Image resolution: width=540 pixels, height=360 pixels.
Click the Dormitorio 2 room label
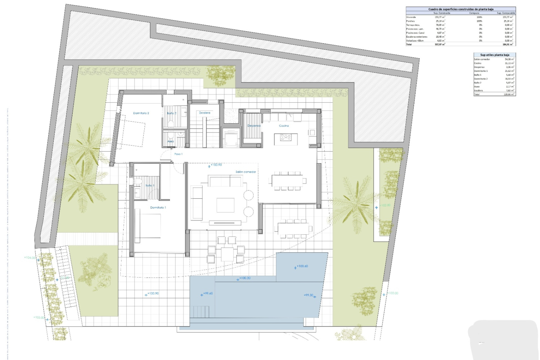pyautogui.click(x=141, y=113)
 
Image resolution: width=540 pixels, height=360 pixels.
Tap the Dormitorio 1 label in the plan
pyautogui.click(x=158, y=208)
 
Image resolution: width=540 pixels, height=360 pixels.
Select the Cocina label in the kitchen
pyautogui.click(x=284, y=126)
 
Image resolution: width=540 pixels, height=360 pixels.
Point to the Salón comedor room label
pyautogui.click(x=246, y=172)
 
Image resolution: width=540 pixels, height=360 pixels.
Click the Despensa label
pyautogui.click(x=254, y=126)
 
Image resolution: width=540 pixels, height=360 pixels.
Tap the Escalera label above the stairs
pyautogui.click(x=204, y=113)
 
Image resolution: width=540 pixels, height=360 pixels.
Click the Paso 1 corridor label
pyautogui.click(x=178, y=154)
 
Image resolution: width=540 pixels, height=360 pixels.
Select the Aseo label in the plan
pyautogui.click(x=171, y=141)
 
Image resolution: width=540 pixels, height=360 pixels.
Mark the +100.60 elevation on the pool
pyautogui.click(x=302, y=266)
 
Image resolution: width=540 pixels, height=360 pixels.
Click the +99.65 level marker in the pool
pyautogui.click(x=208, y=293)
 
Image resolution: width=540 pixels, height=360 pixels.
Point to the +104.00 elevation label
pyautogui.click(x=30, y=258)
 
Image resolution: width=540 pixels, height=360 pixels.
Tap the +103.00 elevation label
pyautogui.click(x=39, y=318)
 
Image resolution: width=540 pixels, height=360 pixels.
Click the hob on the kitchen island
pyautogui.click(x=286, y=137)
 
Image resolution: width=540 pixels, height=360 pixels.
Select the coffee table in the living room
pyautogui.click(x=225, y=205)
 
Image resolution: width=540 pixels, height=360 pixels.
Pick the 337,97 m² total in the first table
pyautogui.click(x=440, y=44)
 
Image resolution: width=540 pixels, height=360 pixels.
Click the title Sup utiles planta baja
pyautogui.click(x=494, y=55)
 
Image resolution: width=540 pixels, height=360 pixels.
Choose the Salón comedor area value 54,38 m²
pyautogui.click(x=509, y=59)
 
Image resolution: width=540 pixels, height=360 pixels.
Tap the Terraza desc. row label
pyautogui.click(x=413, y=25)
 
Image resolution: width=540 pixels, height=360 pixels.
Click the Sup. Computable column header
pyautogui.click(x=506, y=13)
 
